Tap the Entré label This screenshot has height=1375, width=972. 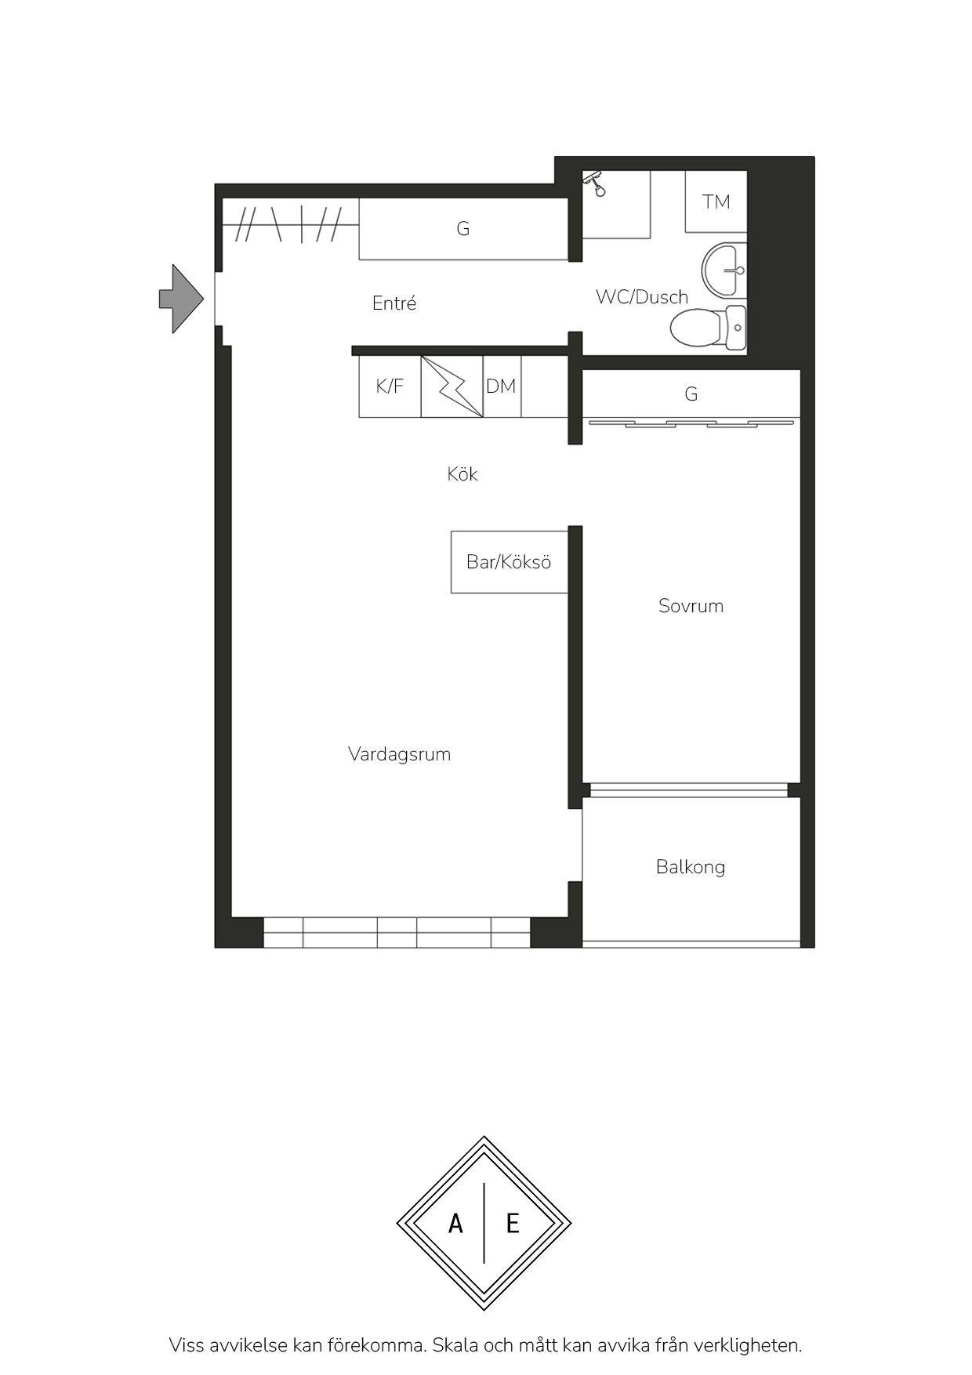[394, 303]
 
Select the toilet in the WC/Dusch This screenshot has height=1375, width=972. [709, 327]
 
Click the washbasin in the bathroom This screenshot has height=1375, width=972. [724, 270]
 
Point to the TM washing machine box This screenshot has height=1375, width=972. [716, 201]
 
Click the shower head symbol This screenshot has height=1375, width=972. [597, 183]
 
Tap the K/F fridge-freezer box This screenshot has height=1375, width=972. [390, 386]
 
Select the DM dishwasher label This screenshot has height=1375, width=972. [501, 386]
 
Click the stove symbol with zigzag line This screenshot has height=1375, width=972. [452, 386]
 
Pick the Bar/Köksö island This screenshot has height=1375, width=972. [509, 562]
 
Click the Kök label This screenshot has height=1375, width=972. [462, 474]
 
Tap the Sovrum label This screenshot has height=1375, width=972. [691, 606]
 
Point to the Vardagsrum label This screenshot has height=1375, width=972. [400, 754]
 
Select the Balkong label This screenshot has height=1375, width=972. [691, 867]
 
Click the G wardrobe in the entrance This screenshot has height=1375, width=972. [463, 229]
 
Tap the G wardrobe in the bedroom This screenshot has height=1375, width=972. [691, 394]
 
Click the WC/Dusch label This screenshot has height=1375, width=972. [642, 297]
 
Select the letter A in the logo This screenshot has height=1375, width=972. [455, 1223]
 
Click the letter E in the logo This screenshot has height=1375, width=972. [513, 1223]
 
